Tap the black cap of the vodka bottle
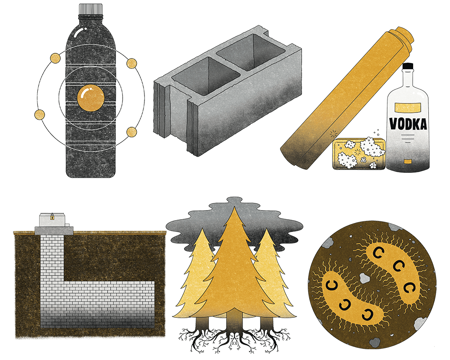[408, 66]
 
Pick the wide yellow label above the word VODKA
[408, 106]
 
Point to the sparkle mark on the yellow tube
[333, 134]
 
